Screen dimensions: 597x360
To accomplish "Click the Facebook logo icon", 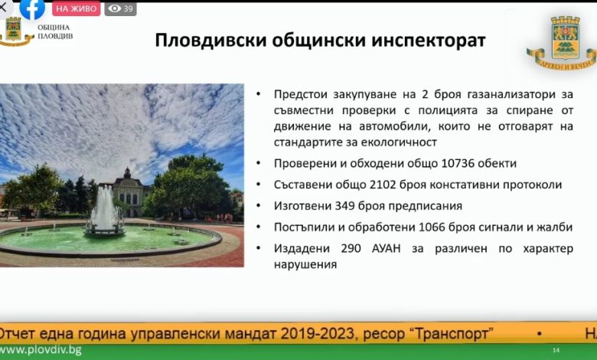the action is (32, 8).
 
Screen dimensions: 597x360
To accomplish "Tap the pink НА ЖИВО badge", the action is (76, 8).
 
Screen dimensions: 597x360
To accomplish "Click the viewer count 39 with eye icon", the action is (121, 8).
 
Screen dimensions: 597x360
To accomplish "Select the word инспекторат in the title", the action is (429, 41).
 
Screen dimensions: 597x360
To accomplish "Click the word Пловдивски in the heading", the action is (210, 41).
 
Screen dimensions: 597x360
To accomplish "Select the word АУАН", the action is (387, 249).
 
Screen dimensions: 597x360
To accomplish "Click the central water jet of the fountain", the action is (105, 207).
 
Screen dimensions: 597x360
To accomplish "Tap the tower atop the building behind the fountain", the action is (128, 173).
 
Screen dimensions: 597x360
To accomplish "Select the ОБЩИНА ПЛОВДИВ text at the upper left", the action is (55, 32).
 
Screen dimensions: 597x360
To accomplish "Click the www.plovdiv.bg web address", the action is (41, 350).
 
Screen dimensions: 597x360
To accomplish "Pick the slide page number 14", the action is (556, 350).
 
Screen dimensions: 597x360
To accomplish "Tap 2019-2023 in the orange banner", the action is (318, 334).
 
